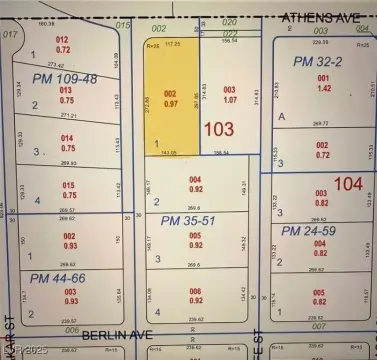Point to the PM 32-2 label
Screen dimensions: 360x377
coord(319,62)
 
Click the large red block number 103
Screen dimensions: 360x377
coord(219,130)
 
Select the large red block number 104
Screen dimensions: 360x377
coord(348,183)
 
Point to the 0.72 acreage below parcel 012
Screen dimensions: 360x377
coord(63,49)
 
